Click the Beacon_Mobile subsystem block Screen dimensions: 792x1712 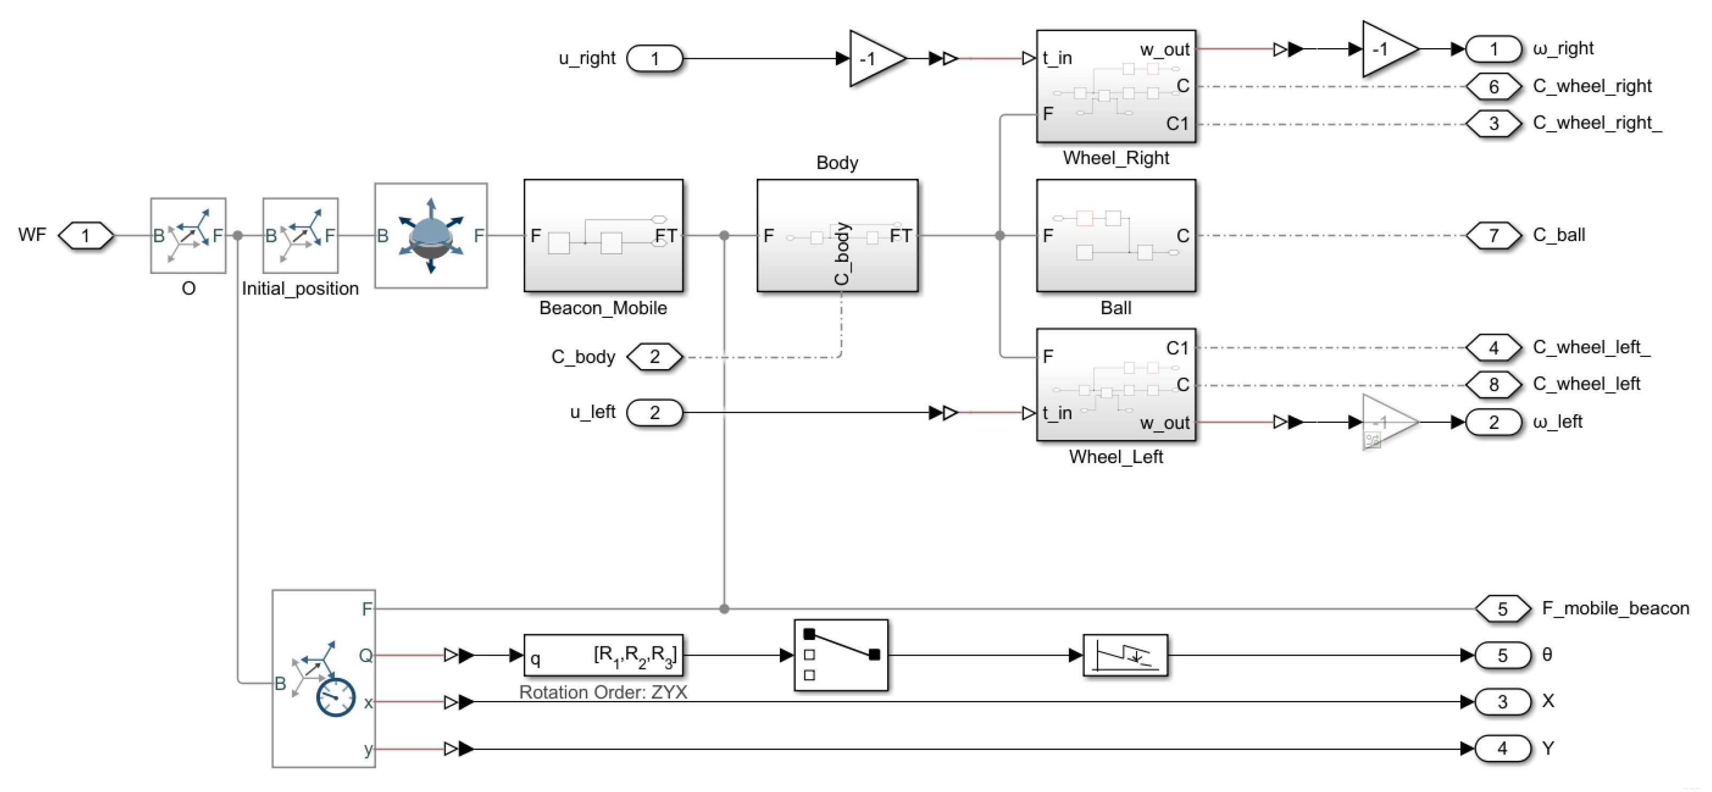point(603,235)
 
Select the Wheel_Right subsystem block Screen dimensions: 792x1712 point(1115,86)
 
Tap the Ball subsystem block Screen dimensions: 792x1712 point(1115,235)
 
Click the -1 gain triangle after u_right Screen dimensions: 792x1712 point(873,58)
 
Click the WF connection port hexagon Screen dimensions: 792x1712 point(86,235)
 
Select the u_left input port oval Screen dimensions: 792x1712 point(655,412)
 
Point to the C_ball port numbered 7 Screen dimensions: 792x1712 point(1493,235)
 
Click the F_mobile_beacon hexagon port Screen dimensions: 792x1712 point(1502,608)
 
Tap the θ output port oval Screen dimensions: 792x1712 point(1502,655)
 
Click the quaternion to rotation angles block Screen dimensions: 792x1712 point(603,655)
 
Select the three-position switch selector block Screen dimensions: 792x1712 point(840,655)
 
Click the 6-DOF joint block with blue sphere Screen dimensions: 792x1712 point(431,235)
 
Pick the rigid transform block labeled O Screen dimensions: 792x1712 point(188,235)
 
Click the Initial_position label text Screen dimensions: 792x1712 point(300,288)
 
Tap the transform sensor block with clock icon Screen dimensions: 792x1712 point(324,679)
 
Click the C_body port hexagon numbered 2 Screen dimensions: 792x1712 point(655,357)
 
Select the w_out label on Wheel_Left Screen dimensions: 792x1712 point(1165,423)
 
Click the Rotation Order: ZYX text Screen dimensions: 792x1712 point(603,692)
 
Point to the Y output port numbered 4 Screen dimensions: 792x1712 point(1502,749)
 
